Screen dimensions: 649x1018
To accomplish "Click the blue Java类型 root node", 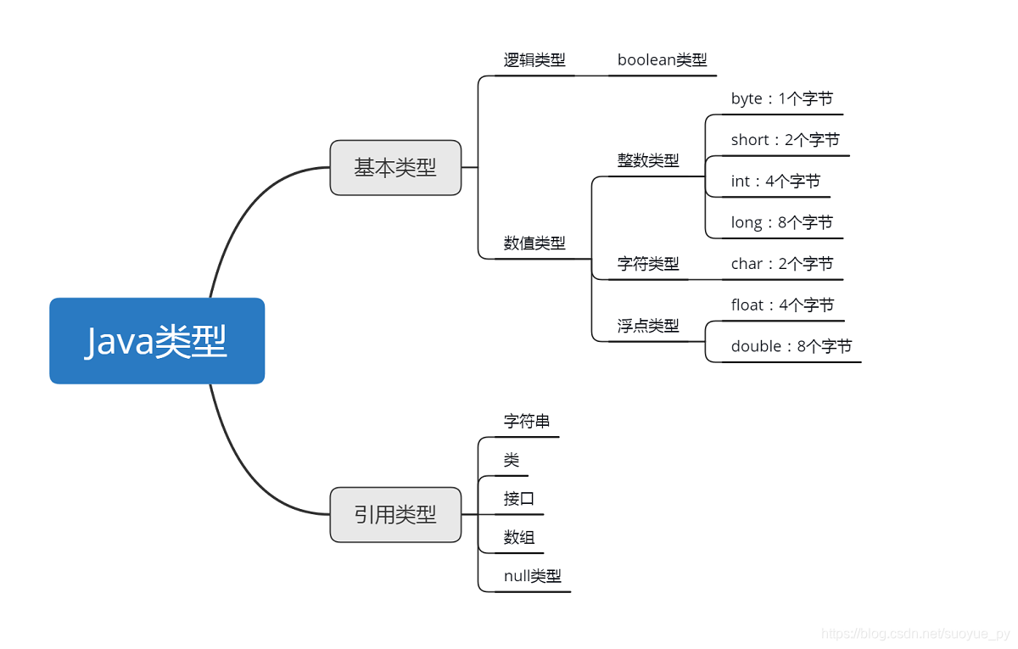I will coord(157,341).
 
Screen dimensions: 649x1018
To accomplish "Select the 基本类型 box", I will coord(395,168).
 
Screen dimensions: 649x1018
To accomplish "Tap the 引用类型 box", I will coord(395,514).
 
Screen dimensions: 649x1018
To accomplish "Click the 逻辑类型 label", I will coord(534,60).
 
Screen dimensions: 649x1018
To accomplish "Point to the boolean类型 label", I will coord(662,60).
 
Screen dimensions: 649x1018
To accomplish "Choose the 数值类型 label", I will coord(534,243).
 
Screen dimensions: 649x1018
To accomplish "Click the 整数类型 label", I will coord(648,160).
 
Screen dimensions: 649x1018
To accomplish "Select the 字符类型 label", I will coord(648,264).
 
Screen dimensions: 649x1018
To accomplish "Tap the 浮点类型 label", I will coord(648,326).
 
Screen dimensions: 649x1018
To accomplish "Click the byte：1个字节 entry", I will coord(781,99).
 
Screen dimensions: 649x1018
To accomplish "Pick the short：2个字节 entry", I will coord(785,140).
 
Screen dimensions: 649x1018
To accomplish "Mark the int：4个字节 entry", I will coord(775,182).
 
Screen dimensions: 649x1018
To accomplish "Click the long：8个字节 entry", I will coord(781,222).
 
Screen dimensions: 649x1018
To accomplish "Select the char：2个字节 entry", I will coord(781,264).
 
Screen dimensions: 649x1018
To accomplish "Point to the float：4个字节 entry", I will coord(782,305).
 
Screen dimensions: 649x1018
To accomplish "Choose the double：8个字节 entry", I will coord(791,346).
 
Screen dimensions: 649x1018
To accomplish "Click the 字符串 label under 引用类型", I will coord(527,422).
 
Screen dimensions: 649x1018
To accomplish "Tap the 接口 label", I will coord(519,499).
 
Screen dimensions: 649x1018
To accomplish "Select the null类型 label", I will coord(532,577).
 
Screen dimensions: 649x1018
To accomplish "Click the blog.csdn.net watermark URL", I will coord(915,634).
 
